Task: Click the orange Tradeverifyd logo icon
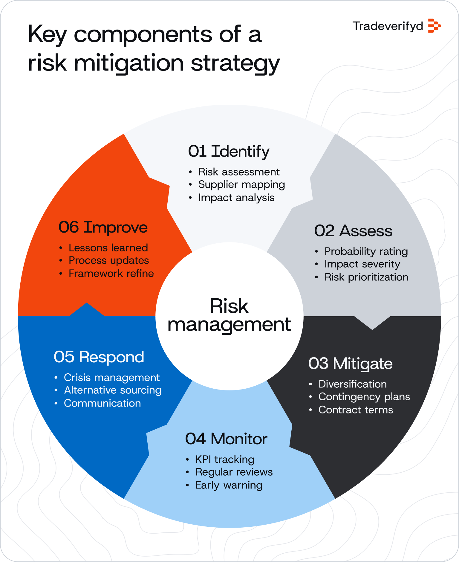(434, 26)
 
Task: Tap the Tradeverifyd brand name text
(388, 26)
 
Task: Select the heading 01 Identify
(229, 151)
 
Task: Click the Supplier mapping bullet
(241, 185)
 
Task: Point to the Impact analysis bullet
(236, 198)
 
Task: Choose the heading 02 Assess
(353, 231)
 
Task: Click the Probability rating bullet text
(366, 251)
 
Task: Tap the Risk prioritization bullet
(366, 277)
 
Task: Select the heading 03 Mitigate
(350, 364)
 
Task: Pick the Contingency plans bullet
(364, 397)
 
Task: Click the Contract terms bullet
(356, 410)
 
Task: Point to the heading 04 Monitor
(226, 439)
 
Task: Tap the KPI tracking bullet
(225, 459)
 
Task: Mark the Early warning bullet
(229, 485)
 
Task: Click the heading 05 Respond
(99, 357)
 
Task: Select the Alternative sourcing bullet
(113, 390)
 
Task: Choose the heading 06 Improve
(103, 227)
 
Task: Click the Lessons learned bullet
(108, 248)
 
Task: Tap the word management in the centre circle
(229, 325)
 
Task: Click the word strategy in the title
(235, 63)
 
